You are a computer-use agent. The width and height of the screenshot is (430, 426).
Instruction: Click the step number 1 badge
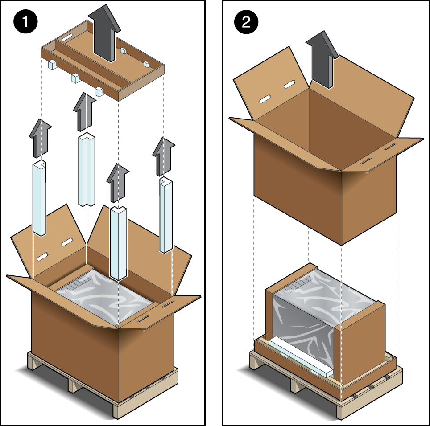(x=25, y=21)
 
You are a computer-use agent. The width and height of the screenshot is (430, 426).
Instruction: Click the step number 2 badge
(x=246, y=22)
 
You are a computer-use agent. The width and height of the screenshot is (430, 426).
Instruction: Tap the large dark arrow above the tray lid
(x=104, y=33)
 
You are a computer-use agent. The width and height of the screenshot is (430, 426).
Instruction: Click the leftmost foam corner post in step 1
(x=39, y=198)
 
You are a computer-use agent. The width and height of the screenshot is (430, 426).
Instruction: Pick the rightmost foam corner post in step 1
(x=166, y=215)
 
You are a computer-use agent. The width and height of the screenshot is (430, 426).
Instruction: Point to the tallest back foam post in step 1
(x=87, y=170)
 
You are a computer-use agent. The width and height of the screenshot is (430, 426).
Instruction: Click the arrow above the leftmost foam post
(x=41, y=139)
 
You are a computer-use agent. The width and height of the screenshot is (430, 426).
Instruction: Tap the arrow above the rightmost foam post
(x=164, y=157)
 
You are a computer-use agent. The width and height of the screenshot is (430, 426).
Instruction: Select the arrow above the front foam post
(x=118, y=183)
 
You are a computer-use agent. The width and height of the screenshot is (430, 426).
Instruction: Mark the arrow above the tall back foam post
(x=85, y=112)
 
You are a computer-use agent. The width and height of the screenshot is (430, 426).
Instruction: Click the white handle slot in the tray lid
(x=67, y=37)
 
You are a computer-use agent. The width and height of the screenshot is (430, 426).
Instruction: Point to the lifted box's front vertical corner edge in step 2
(x=341, y=208)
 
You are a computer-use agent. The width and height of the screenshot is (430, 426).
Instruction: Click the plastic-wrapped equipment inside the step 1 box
(x=106, y=296)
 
